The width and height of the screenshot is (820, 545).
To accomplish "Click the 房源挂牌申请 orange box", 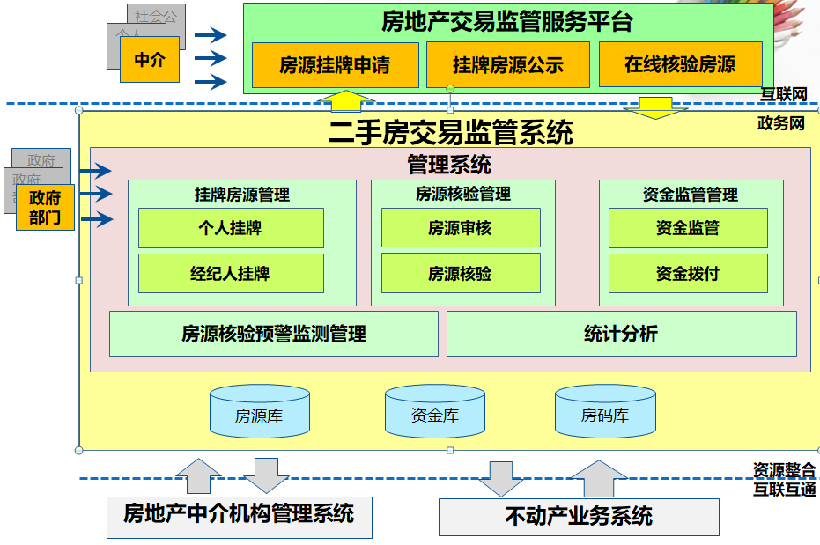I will [x=335, y=65].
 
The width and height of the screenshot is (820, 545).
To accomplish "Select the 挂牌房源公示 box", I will [x=507, y=65].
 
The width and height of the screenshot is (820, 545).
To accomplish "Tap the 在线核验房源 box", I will [x=680, y=65].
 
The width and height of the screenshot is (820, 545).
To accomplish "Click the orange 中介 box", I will [x=150, y=59].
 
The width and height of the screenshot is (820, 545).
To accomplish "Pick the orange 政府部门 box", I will [x=45, y=208].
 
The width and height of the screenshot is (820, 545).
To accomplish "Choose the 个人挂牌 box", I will [x=231, y=228].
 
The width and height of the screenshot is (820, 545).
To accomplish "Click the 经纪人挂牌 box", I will [x=231, y=274].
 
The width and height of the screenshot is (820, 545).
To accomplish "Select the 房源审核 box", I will [x=460, y=228].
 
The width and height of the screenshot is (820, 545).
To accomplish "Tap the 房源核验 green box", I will [x=460, y=274].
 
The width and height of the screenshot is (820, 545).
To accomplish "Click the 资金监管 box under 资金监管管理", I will [x=687, y=228].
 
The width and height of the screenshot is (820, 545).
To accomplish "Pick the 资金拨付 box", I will [x=687, y=274].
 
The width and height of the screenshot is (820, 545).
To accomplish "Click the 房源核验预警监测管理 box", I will [x=273, y=334].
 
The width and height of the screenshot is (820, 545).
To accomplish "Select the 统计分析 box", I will [x=621, y=334].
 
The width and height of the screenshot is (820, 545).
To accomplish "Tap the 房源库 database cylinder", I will [x=259, y=413].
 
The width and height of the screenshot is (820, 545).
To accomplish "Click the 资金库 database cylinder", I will [x=435, y=413].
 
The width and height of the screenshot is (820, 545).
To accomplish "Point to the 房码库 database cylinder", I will [x=605, y=413].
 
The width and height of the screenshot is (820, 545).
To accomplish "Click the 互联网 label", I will [x=784, y=94].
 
